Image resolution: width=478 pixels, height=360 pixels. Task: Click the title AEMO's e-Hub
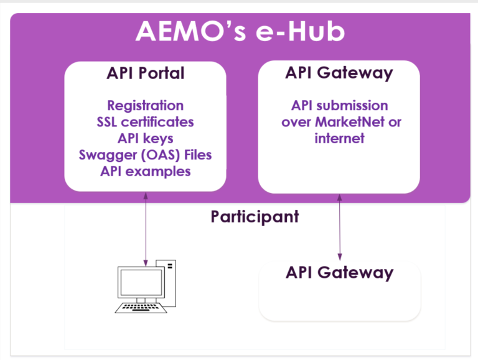240,31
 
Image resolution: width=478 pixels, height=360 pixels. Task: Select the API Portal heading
146,73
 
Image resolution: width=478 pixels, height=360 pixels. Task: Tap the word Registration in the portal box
146,106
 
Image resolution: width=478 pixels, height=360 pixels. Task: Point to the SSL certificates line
146,122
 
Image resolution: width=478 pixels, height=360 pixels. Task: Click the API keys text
146,139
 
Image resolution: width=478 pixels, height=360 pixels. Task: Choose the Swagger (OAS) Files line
146,155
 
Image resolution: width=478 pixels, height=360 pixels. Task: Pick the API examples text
146,171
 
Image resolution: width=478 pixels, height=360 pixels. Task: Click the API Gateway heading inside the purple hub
339,73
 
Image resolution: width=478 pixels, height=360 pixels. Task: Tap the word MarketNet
350,122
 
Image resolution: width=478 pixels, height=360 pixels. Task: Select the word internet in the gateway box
340,138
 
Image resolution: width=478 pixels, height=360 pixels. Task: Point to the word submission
352,105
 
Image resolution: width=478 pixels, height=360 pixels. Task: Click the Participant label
255,217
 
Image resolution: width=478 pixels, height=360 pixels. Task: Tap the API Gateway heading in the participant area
340,273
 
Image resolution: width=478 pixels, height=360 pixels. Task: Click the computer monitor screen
141,282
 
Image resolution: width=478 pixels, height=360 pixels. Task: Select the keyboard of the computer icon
141,308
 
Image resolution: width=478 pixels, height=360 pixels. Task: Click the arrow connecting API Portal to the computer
146,229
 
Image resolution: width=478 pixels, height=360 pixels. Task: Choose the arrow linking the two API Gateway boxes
340,227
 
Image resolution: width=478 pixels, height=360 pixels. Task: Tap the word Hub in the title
316,31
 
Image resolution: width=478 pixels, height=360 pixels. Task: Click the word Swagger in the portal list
108,155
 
